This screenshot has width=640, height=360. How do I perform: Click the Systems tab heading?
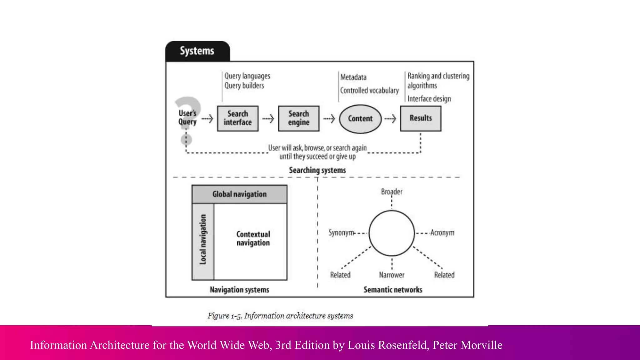[x=197, y=51]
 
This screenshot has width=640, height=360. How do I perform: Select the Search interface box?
[x=238, y=118]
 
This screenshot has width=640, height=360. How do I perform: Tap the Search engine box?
[x=299, y=118]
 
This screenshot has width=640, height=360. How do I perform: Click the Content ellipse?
[x=360, y=119]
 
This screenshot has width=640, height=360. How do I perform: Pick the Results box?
[x=421, y=118]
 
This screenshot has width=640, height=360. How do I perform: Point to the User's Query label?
[x=187, y=117]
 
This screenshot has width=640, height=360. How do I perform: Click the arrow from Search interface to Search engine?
[x=268, y=119]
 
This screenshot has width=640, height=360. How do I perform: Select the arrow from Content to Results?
[x=390, y=119]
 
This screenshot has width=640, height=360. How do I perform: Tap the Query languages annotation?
[x=247, y=76]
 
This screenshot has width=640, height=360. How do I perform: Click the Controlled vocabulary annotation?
[x=369, y=91]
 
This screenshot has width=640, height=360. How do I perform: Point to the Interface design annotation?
[x=429, y=99]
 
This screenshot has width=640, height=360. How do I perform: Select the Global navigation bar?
[x=239, y=194]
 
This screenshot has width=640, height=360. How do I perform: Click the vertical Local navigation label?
[x=203, y=239]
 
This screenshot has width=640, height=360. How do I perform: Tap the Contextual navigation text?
[x=253, y=238]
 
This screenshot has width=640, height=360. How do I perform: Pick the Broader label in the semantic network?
[x=392, y=192]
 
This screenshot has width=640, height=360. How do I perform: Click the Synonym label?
[x=341, y=233]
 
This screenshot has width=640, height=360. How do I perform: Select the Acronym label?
[x=442, y=233]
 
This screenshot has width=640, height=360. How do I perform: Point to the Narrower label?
[x=392, y=275]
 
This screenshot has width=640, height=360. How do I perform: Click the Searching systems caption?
[x=317, y=170]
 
